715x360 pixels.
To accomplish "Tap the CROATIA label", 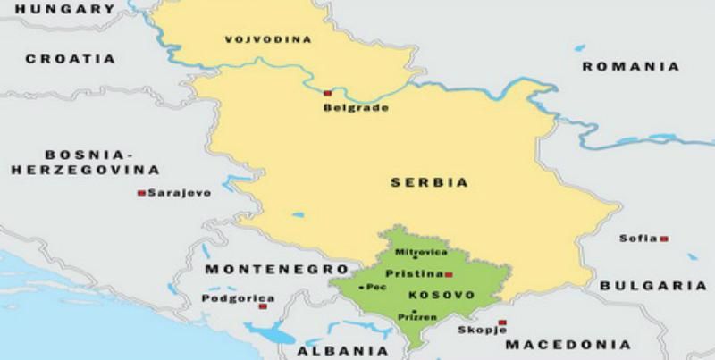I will pos(71,59).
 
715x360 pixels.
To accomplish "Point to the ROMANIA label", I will pos(630,66).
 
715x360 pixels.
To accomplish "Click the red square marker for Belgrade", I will pos(328,93).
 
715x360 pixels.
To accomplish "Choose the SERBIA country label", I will pos(429,182).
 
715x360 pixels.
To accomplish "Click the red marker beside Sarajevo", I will pos(140,193).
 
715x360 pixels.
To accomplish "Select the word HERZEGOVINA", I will pos(81,170).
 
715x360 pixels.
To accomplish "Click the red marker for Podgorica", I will pos(263,306).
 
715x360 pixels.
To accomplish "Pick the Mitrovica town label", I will pos(415,254).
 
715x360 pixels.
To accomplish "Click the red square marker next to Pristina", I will pos(449,274).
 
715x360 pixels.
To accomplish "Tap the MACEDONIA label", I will pos(568,344).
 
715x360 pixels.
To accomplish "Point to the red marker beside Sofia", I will pos(665,239).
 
